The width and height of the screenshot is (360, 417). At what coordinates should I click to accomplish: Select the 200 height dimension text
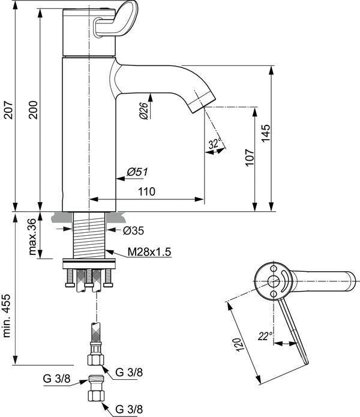33,110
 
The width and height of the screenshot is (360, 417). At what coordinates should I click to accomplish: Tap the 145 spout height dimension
266,133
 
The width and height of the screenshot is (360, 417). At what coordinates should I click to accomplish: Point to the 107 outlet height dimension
250,157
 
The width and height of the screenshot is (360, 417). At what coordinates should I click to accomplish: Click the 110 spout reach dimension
146,191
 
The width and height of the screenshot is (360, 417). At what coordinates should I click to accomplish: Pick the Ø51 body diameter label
137,172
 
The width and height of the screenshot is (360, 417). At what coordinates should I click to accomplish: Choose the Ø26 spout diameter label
143,110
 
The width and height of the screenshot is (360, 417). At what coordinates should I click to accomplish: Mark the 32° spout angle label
215,143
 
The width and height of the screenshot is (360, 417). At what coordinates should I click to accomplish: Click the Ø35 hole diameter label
133,230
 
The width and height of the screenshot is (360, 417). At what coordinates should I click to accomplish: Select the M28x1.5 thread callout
149,252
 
